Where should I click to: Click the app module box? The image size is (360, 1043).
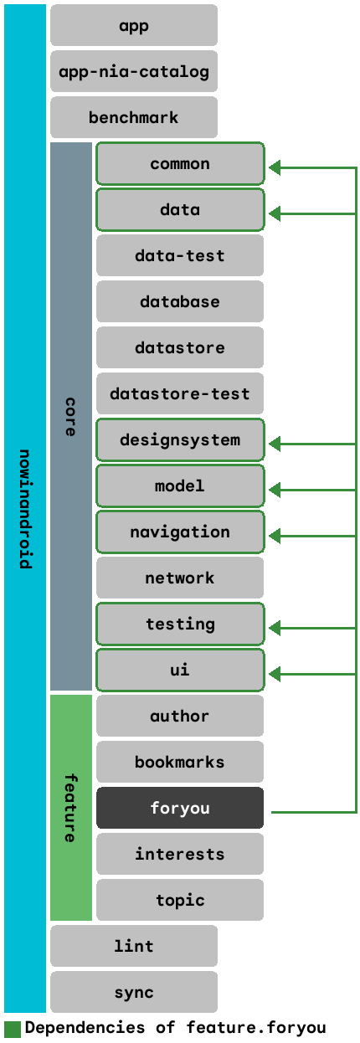[x=134, y=25]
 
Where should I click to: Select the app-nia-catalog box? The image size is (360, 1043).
[x=134, y=71]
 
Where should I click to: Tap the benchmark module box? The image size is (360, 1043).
[x=134, y=117]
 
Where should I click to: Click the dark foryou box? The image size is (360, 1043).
[x=180, y=808]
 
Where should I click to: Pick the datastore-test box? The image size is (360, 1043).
[x=180, y=393]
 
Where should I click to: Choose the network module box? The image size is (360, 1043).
[x=180, y=578]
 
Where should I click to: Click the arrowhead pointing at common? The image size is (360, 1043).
[x=275, y=167]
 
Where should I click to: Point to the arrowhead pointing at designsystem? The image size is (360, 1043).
[x=275, y=444]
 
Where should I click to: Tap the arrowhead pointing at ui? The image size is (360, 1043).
[x=275, y=674]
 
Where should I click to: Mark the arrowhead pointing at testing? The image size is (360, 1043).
[x=275, y=628]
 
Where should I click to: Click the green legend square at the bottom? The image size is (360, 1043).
[x=13, y=1030]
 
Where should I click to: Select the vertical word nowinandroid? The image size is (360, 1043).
[x=25, y=509]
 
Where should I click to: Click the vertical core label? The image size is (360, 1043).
[x=70, y=417]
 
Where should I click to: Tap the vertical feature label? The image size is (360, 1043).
[x=70, y=808]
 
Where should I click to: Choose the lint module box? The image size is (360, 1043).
[x=134, y=946]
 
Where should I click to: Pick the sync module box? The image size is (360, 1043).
[x=134, y=992]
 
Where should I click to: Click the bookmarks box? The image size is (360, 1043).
[x=180, y=762]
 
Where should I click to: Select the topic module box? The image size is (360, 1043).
[x=180, y=900]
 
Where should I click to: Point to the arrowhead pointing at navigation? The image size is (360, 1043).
[x=275, y=536]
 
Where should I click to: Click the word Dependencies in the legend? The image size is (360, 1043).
[x=85, y=1028]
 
